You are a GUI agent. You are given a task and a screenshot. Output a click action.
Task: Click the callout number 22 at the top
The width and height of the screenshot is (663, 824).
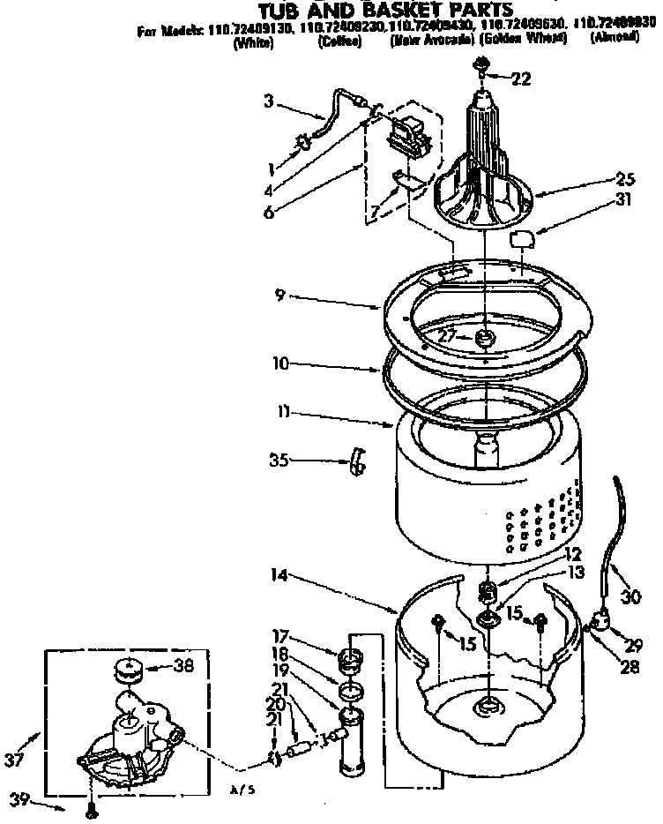click(521, 79)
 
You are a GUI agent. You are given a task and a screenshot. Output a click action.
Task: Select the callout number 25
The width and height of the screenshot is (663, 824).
click(602, 176)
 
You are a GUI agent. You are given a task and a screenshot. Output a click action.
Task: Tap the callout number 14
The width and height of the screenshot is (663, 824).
click(280, 575)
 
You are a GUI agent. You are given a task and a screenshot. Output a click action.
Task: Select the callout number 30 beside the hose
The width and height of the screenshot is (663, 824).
click(629, 597)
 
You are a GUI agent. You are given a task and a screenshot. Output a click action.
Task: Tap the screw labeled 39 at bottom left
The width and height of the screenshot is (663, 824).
click(91, 806)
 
